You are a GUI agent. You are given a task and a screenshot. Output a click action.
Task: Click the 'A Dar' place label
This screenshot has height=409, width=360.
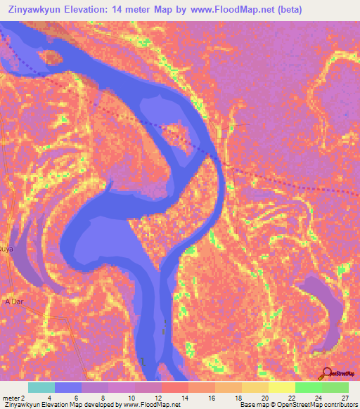point(15,301)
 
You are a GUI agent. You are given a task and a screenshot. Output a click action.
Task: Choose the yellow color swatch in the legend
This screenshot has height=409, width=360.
point(281,388)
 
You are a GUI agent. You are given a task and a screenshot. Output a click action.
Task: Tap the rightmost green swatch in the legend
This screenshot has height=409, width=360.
point(335,388)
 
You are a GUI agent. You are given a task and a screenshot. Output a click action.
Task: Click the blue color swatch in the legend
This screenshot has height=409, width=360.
point(67,388)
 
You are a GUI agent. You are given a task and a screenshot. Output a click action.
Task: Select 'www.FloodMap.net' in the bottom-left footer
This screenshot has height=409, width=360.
point(151,405)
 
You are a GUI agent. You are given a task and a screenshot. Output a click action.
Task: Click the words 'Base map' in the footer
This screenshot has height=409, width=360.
point(252,405)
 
